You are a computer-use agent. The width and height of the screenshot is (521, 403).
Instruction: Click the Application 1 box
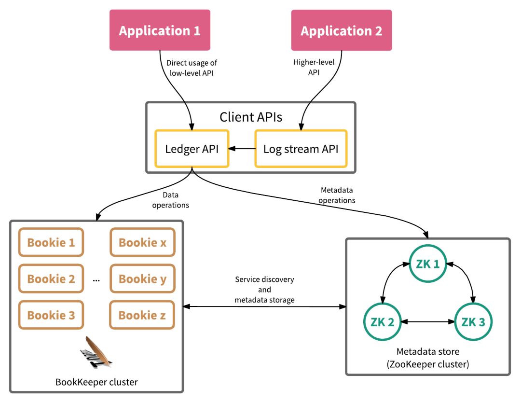click(160, 30)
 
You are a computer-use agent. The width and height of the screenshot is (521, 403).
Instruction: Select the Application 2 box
click(342, 30)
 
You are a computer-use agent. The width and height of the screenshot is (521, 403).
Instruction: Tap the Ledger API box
click(192, 149)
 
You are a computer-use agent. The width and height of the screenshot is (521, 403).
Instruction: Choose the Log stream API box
click(301, 149)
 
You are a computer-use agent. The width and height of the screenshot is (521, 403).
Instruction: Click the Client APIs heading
click(250, 117)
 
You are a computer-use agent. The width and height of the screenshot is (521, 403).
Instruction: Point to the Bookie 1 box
click(51, 242)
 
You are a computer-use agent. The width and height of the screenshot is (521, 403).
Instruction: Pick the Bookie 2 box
click(51, 279)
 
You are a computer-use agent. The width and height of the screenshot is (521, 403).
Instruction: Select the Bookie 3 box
click(51, 315)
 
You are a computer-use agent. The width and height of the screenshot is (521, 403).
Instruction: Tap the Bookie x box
click(142, 242)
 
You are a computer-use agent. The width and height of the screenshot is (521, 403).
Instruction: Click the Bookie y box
click(142, 279)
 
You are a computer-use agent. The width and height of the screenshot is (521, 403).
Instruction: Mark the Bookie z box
click(142, 315)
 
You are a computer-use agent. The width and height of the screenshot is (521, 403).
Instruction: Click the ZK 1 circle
click(428, 264)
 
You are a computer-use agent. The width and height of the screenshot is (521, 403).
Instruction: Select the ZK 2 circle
click(383, 322)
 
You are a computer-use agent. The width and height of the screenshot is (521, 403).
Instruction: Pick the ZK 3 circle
click(474, 322)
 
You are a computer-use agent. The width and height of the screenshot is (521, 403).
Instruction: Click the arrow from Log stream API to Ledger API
click(242, 149)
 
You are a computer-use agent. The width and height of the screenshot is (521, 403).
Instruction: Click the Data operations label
click(170, 200)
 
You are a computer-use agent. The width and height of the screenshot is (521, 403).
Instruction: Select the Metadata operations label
click(338, 195)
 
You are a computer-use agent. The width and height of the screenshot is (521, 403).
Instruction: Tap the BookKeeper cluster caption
click(96, 382)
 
